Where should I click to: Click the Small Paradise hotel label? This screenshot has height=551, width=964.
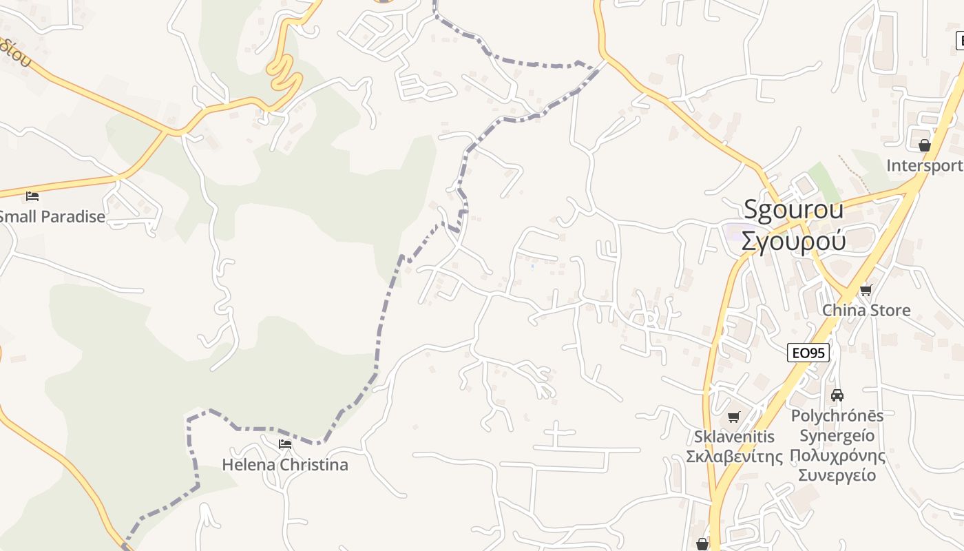click(52, 217)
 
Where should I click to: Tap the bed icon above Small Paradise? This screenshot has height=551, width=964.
click(32, 196)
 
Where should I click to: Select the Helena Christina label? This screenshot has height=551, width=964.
click(285, 465)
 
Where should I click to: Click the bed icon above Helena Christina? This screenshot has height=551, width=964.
click(285, 444)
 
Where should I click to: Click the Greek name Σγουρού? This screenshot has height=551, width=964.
click(793, 241)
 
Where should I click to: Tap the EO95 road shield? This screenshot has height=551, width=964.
click(808, 353)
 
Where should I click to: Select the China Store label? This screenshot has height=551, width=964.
click(866, 311)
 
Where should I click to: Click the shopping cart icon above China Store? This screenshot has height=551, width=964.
click(866, 290)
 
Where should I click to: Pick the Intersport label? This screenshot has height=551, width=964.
click(924, 166)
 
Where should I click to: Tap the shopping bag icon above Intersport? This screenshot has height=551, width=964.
click(924, 145)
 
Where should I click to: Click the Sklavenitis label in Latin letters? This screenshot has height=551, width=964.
click(734, 437)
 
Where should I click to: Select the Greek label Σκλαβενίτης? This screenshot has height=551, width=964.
click(734, 457)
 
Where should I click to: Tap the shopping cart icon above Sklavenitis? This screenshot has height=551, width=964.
click(734, 417)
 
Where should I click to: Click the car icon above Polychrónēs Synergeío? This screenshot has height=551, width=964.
click(837, 395)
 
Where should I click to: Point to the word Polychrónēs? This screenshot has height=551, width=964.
click(837, 416)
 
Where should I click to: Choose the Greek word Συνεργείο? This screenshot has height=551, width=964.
click(837, 475)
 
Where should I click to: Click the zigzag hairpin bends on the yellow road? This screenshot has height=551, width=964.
click(285, 72)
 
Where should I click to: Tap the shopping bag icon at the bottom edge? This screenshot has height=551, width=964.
click(702, 545)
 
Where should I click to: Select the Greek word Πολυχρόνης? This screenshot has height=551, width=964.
click(837, 455)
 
